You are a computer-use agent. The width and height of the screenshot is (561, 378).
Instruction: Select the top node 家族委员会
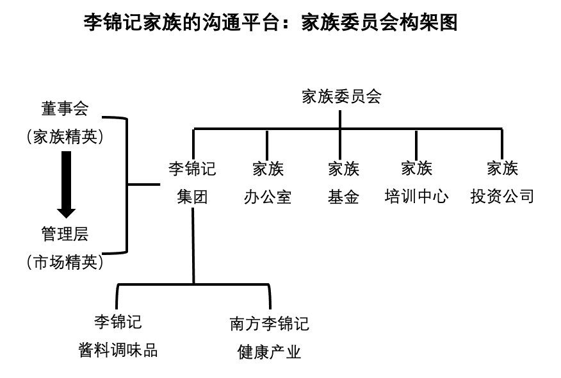click(341, 97)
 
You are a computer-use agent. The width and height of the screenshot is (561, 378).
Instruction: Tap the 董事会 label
click(65, 110)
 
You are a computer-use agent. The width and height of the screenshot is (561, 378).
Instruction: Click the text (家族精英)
click(65, 136)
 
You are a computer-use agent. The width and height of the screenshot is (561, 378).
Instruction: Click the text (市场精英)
click(65, 261)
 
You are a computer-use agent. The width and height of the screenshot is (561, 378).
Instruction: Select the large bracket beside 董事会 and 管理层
click(126, 185)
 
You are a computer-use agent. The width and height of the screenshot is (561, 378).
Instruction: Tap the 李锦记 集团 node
click(192, 183)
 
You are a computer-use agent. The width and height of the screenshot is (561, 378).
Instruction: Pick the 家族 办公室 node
click(268, 183)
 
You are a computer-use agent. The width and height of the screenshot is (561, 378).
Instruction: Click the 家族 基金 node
click(343, 183)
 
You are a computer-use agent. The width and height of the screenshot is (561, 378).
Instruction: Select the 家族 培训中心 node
click(416, 183)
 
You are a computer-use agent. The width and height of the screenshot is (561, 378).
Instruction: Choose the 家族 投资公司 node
click(502, 183)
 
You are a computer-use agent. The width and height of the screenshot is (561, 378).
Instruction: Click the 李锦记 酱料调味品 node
click(118, 336)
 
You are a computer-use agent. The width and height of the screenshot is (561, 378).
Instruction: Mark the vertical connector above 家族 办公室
click(267, 142)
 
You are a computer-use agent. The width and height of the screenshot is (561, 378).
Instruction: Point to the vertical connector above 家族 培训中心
click(416, 142)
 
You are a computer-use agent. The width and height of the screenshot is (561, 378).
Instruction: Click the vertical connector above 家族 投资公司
click(501, 142)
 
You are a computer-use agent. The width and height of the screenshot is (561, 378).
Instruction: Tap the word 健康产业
click(270, 352)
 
